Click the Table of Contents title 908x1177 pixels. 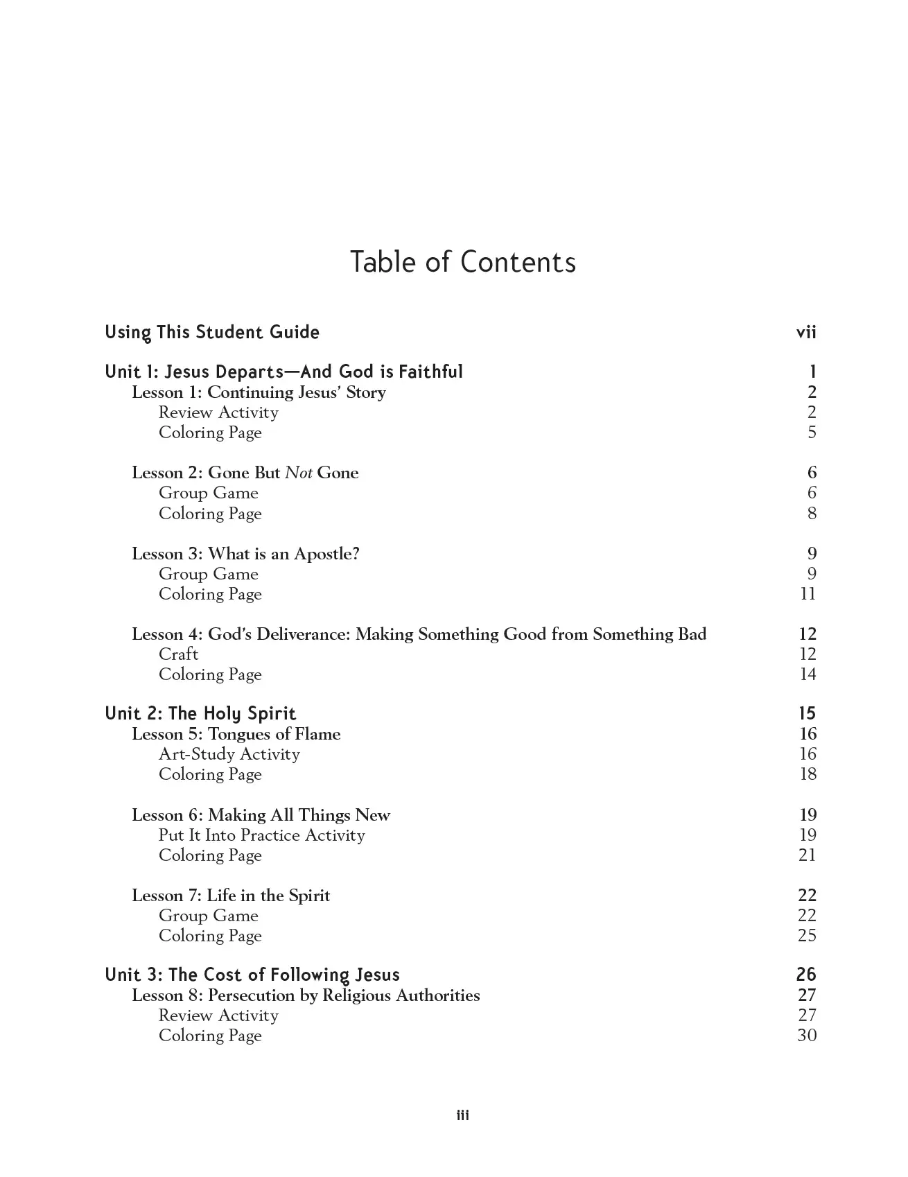pyautogui.click(x=462, y=262)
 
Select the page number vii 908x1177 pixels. pyautogui.click(x=806, y=333)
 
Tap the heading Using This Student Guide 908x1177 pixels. pyautogui.click(x=212, y=333)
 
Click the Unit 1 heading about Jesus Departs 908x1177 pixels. pyautogui.click(x=283, y=372)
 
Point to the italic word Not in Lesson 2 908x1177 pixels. pyautogui.click(x=299, y=473)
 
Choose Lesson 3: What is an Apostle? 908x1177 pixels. pyautogui.click(x=245, y=554)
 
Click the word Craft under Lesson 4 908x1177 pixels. pyautogui.click(x=178, y=654)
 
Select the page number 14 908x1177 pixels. pyautogui.click(x=807, y=674)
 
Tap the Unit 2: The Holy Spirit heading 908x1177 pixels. pyautogui.click(x=200, y=714)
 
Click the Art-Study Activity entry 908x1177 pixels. pyautogui.click(x=229, y=754)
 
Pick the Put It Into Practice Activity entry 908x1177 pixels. pyautogui.click(x=261, y=835)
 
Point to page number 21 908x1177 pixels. pyautogui.click(x=807, y=855)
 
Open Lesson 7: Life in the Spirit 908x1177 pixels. pyautogui.click(x=231, y=896)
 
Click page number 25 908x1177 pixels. pyautogui.click(x=807, y=936)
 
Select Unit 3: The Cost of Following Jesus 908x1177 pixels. pyautogui.click(x=252, y=975)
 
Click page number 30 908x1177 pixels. pyautogui.click(x=807, y=1036)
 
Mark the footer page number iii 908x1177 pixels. pyautogui.click(x=462, y=1115)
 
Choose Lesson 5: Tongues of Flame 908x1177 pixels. pyautogui.click(x=236, y=734)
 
